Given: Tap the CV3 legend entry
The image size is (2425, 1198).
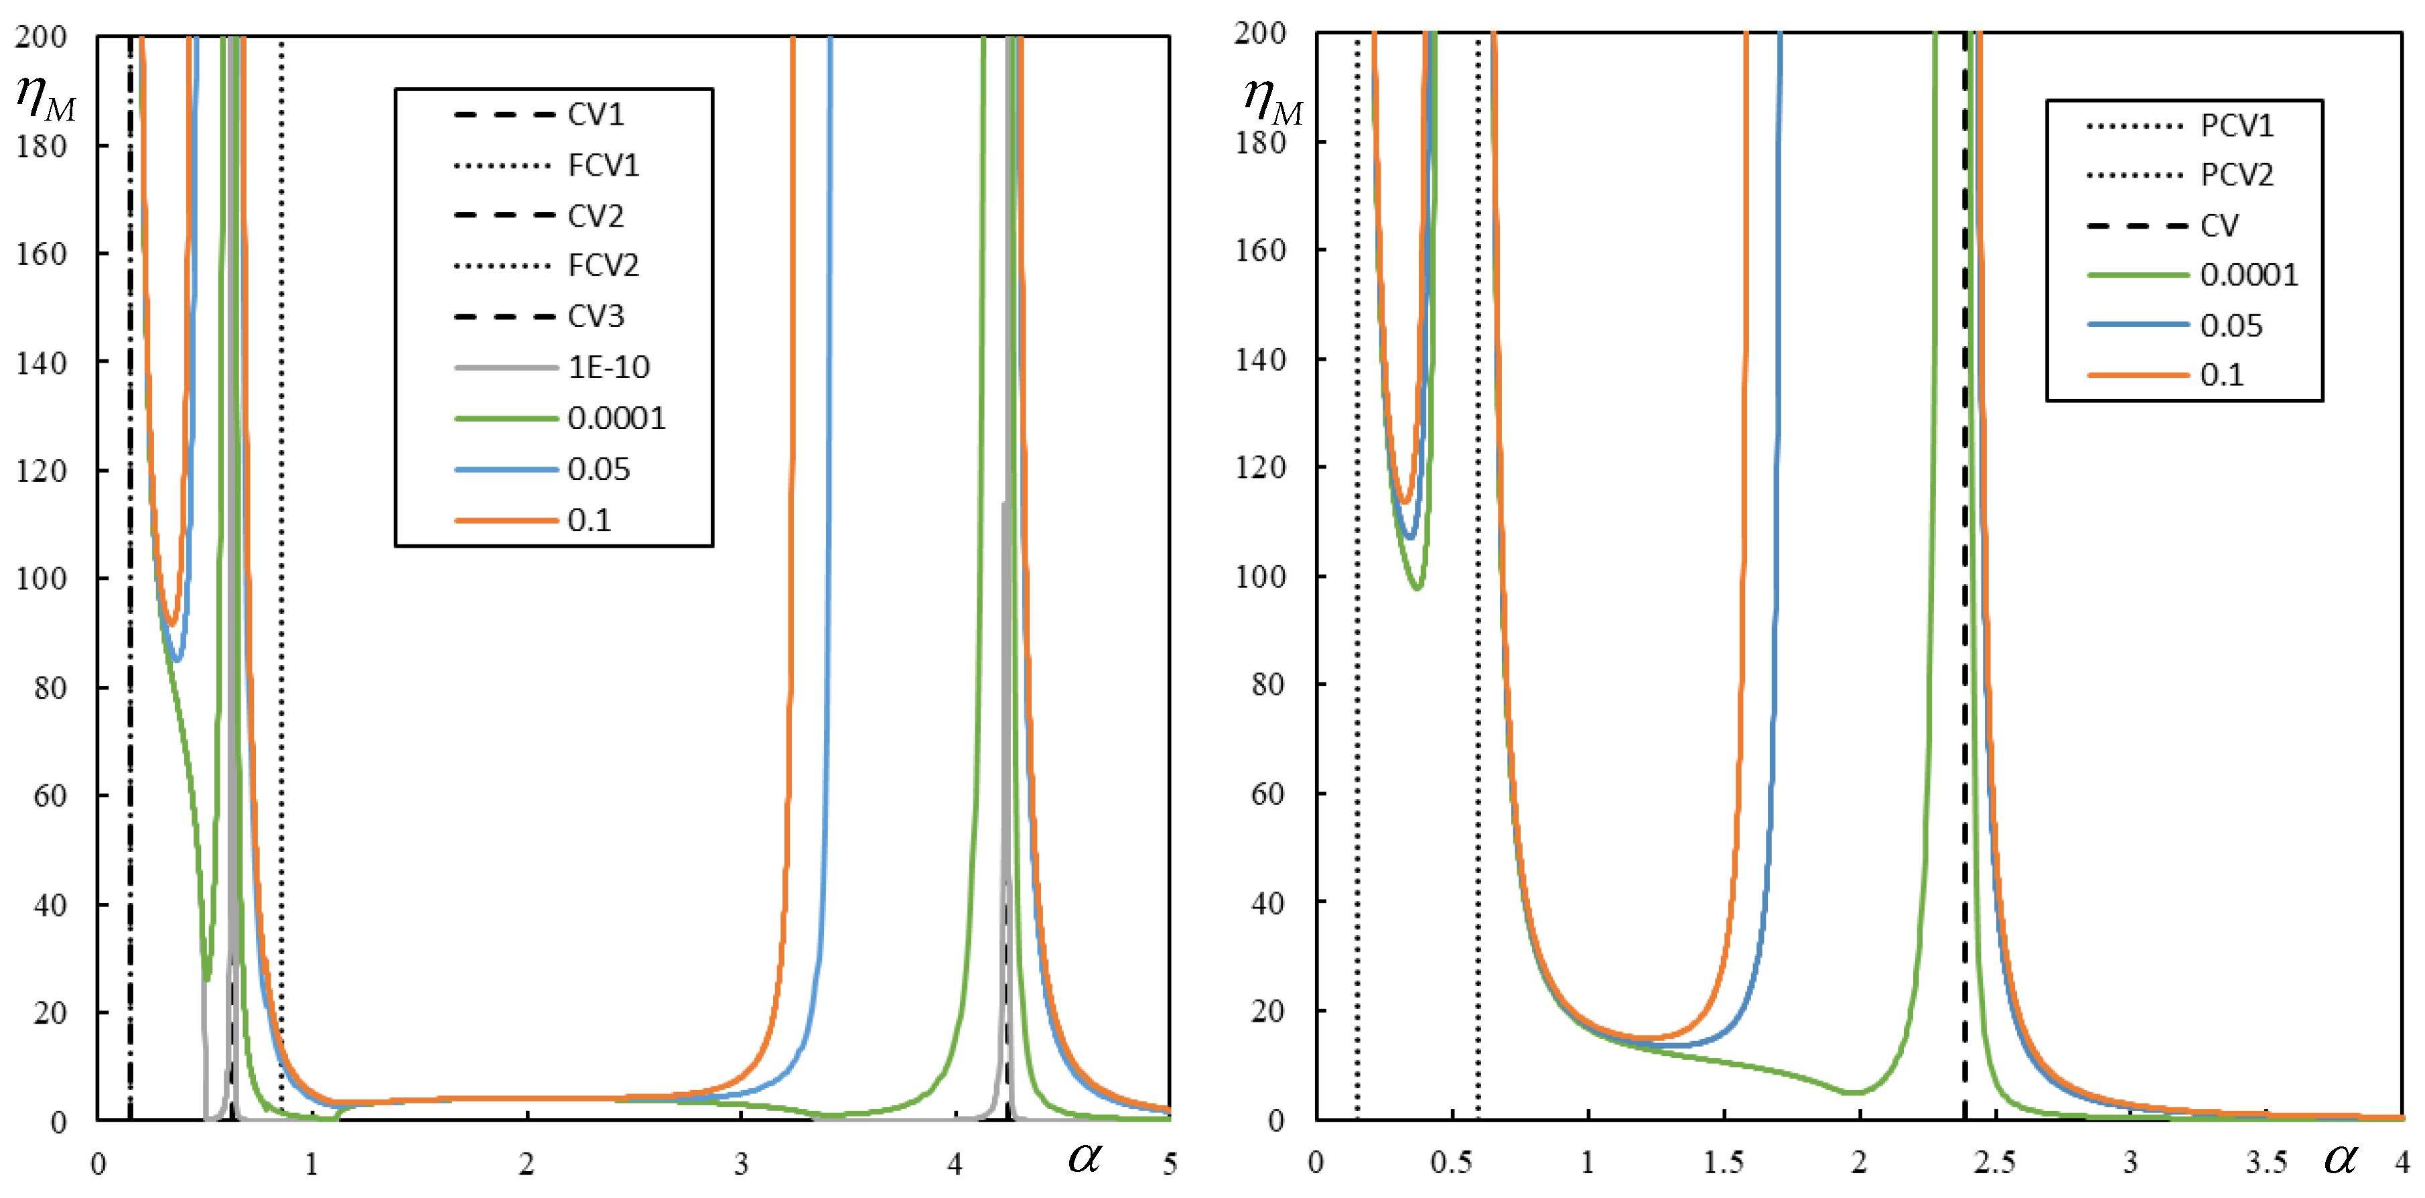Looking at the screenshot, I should pyautogui.click(x=595, y=316).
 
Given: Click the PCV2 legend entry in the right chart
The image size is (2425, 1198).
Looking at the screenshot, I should pyautogui.click(x=2236, y=175).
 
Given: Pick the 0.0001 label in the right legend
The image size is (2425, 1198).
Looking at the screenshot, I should pyautogui.click(x=2248, y=275).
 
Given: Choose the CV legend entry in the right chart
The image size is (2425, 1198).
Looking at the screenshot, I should pyautogui.click(x=2219, y=226).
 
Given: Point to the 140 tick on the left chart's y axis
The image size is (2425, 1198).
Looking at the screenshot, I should pyautogui.click(x=40, y=363).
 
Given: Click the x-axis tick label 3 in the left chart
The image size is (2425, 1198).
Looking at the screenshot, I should pyautogui.click(x=741, y=1164).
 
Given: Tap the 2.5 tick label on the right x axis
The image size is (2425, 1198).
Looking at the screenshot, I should pyautogui.click(x=1994, y=1162).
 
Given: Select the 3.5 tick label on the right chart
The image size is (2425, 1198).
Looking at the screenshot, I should pyautogui.click(x=2265, y=1162).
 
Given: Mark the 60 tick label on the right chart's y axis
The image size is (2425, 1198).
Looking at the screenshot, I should pyautogui.click(x=1267, y=794).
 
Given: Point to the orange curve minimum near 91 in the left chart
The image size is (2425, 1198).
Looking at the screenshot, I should pyautogui.click(x=171, y=623).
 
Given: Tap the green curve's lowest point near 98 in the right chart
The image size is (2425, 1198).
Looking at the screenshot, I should pyautogui.click(x=1417, y=588).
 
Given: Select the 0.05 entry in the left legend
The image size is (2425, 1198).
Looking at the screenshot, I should pyautogui.click(x=598, y=469).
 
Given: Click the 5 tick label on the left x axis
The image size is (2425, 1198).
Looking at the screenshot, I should pyautogui.click(x=1169, y=1164).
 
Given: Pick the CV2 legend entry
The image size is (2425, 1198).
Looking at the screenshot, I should pyautogui.click(x=595, y=217).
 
